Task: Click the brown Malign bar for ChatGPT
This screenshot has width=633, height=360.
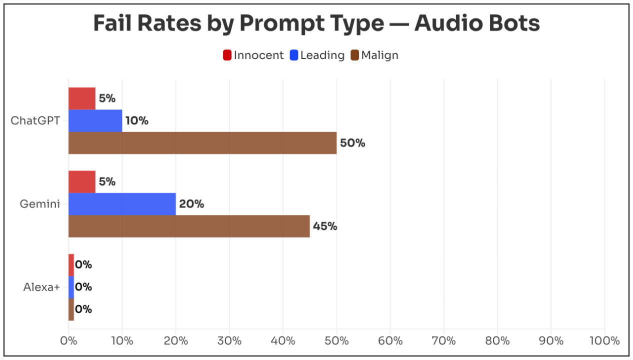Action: [x=202, y=143]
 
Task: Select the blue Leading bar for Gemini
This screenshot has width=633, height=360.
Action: [x=122, y=204]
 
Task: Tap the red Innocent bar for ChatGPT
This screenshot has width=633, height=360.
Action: [x=82, y=98]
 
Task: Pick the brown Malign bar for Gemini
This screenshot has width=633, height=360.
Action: [x=189, y=226]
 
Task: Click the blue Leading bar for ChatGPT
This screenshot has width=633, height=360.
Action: [x=95, y=120]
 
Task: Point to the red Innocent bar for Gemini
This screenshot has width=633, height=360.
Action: [x=82, y=182]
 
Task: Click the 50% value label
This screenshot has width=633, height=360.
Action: [x=352, y=143]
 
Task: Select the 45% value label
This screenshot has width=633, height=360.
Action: [x=325, y=226]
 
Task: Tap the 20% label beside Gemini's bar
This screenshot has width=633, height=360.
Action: [x=191, y=204]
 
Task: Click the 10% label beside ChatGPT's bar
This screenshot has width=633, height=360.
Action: [x=136, y=120]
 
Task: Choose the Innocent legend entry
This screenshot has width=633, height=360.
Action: [x=253, y=55]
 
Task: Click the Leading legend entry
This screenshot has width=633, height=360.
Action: [x=317, y=55]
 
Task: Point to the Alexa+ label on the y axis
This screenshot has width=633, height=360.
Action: [x=42, y=287]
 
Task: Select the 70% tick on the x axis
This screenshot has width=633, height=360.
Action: [x=444, y=341]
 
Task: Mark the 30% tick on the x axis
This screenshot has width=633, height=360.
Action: [x=229, y=341]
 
